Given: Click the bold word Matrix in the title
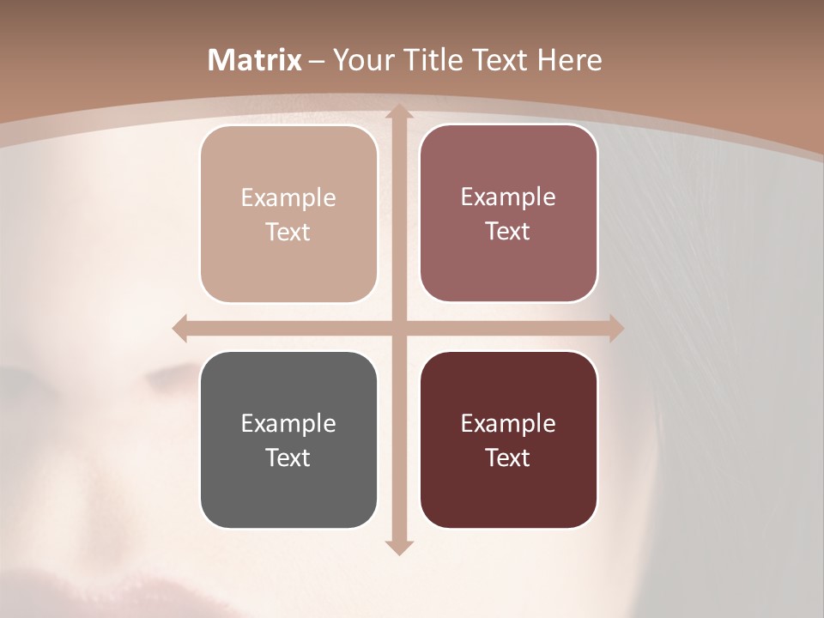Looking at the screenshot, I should tap(255, 60).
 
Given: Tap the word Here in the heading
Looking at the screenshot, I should tap(569, 60).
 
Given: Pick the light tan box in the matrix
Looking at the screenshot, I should tap(288, 214).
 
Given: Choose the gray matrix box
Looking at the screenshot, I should tap(288, 439).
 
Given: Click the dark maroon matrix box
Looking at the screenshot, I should tap(508, 439).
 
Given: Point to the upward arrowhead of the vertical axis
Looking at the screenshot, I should tap(397, 112).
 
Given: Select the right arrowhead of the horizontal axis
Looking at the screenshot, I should tap(615, 328).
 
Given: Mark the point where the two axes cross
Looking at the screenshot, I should tap(397, 328).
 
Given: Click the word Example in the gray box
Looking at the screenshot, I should tap(288, 423).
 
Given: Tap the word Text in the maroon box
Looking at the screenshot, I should tap(508, 457).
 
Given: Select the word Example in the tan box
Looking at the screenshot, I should tap(288, 197).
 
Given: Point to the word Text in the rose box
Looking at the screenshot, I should tap(508, 231).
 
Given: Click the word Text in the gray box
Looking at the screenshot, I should tap(288, 457).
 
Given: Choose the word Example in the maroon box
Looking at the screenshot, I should tap(508, 423).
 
